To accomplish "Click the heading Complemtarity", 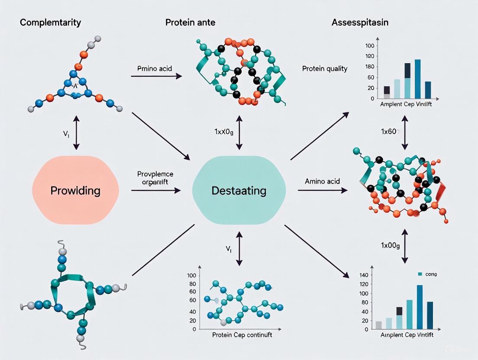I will (x=50, y=22).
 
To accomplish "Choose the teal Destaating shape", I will (x=239, y=190).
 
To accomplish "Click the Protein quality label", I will (x=324, y=68).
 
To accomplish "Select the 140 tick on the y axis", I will (x=364, y=275).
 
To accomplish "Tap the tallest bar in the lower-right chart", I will (x=420, y=307).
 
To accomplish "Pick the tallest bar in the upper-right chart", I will (x=417, y=79).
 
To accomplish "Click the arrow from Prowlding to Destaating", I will (x=156, y=190).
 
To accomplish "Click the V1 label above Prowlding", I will (x=66, y=133).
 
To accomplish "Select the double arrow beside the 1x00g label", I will (x=404, y=245).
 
